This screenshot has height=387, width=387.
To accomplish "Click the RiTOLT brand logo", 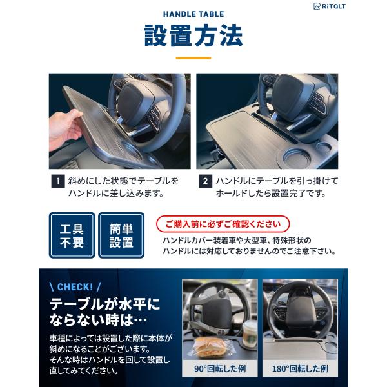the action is point(329,6).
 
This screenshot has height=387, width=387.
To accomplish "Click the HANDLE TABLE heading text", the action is point(193,14).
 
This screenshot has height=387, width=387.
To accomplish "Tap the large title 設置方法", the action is point(193,35).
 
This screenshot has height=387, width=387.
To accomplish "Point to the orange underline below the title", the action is point(193,58).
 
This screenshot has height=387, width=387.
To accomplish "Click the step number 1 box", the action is point(58,181).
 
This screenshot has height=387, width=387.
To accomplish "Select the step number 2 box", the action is point(205,181).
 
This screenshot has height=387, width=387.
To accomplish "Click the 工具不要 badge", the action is point(72,235).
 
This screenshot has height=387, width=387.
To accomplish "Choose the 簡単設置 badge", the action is point(121,235).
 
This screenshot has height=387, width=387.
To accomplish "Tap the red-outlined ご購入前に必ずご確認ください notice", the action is point(223,224).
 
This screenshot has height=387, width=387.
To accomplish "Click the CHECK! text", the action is point(75,287).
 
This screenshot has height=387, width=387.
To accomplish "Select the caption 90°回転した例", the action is point(220,368).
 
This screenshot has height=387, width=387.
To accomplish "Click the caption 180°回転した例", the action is point(300,368).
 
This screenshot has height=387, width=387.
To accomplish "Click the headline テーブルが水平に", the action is point(105,304).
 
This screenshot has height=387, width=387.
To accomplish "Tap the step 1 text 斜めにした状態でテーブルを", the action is point(123,181).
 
